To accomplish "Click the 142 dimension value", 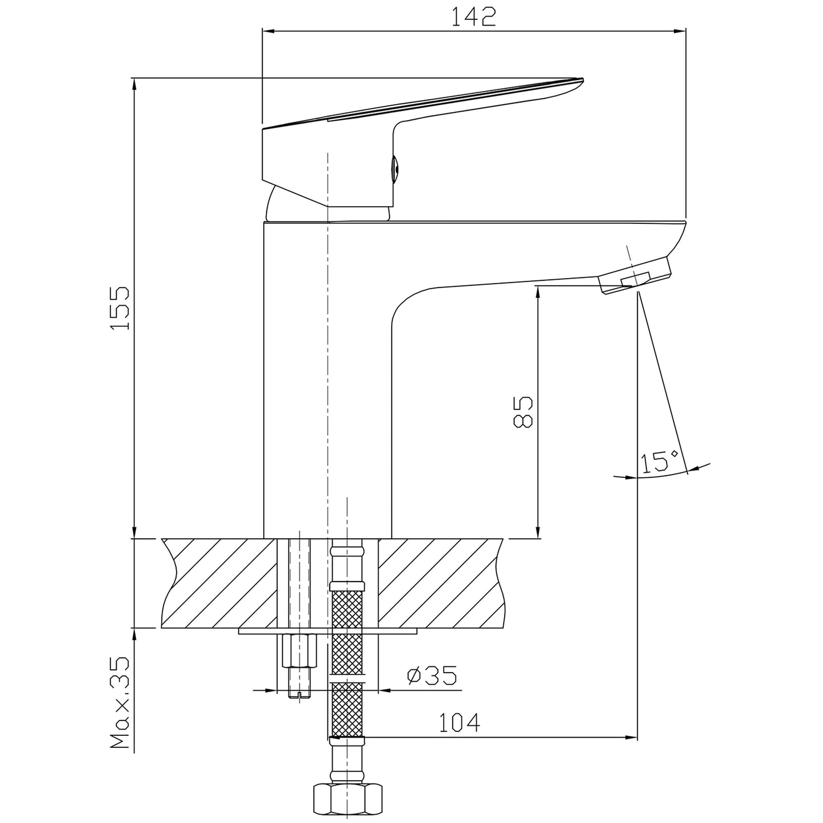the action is [x=474, y=17].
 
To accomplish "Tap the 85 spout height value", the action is [x=522, y=412].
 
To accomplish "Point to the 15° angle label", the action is [x=660, y=462].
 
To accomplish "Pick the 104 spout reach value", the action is [x=460, y=722].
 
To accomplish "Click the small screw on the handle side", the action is [x=395, y=169].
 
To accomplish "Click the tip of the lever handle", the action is [x=582, y=79].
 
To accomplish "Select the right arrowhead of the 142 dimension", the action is [x=679, y=31].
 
